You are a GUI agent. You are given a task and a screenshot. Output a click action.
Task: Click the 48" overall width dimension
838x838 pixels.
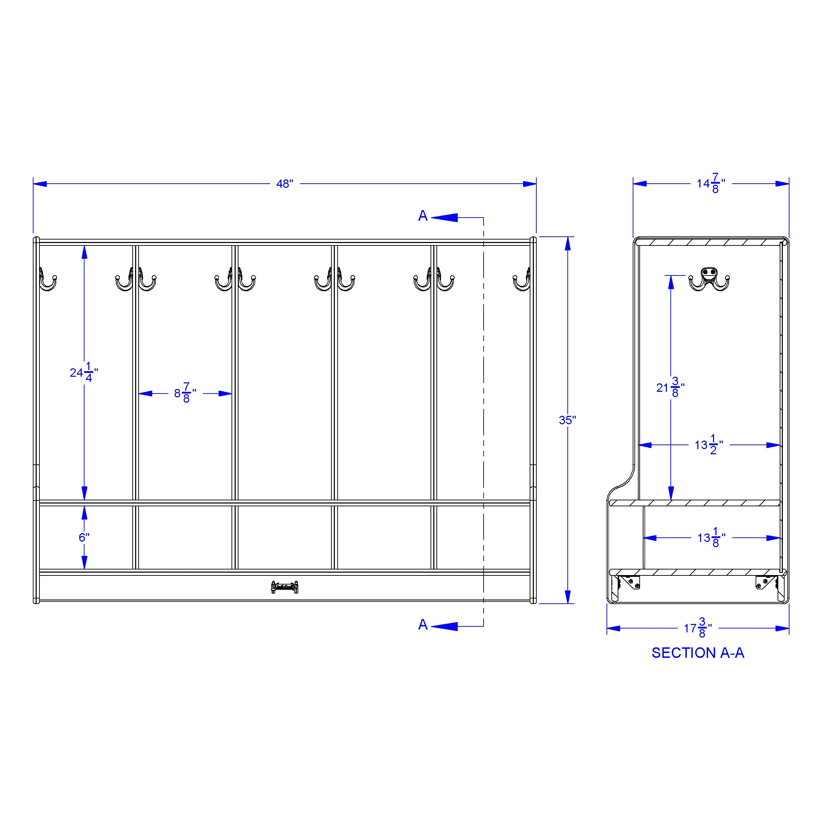[285, 184]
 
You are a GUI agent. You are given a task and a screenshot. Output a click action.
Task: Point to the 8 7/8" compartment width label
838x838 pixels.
[185, 393]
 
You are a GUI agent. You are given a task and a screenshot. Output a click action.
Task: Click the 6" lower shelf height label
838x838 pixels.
[84, 537]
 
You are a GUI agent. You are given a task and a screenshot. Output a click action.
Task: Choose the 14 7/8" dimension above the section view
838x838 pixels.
[711, 183]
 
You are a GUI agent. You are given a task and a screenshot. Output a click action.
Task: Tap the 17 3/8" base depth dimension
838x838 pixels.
[698, 628]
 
